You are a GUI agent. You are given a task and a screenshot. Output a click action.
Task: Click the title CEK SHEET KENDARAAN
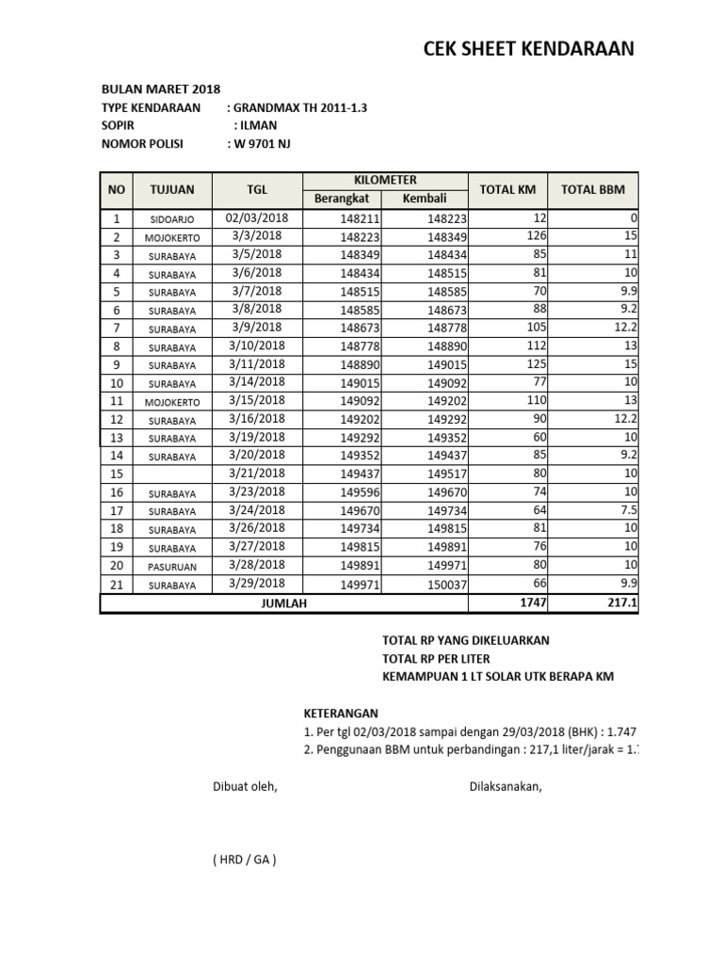point(528,49)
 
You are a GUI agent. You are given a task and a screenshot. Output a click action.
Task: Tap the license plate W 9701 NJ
point(267,144)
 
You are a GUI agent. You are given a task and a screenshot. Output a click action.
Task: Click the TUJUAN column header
point(172,189)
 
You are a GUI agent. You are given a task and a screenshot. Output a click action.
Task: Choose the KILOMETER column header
point(385,180)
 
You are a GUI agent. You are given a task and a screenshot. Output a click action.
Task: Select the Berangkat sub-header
point(342,199)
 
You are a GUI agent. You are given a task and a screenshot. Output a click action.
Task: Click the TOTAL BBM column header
point(592,189)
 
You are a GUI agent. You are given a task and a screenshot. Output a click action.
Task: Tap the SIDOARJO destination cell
point(172,219)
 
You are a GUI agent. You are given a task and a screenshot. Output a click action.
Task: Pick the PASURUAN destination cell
point(172,567)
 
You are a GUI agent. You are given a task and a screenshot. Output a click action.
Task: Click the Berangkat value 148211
point(360,219)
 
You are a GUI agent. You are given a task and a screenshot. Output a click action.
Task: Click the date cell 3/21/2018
point(257,474)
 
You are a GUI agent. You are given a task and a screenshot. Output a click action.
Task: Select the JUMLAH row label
point(283,604)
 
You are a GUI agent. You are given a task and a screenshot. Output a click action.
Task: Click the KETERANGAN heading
point(340,714)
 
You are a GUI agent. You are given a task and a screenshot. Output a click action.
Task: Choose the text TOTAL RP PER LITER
point(436,658)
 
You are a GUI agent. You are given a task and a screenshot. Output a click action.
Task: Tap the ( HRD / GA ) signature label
point(245,859)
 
